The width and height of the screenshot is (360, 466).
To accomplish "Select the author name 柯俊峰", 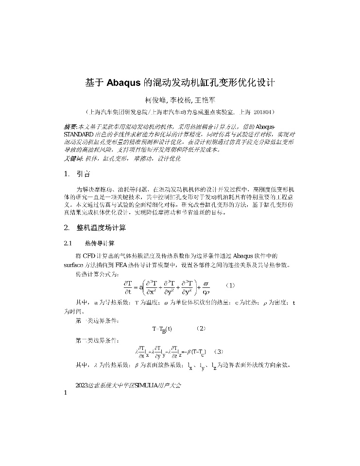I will click(x=155, y=101).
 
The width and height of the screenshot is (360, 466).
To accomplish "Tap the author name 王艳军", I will click(x=205, y=101).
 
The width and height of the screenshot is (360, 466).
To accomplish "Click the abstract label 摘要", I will click(x=70, y=126).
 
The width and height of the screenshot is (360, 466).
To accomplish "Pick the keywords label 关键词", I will click(x=73, y=158).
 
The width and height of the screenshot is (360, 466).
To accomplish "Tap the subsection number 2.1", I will click(x=68, y=243).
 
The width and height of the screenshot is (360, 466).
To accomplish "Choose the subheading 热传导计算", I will click(x=99, y=243).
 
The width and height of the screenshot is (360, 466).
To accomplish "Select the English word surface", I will click(x=74, y=265).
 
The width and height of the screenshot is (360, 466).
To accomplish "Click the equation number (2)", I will click(x=202, y=329).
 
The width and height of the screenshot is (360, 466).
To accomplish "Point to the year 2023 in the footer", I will click(x=82, y=385).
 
